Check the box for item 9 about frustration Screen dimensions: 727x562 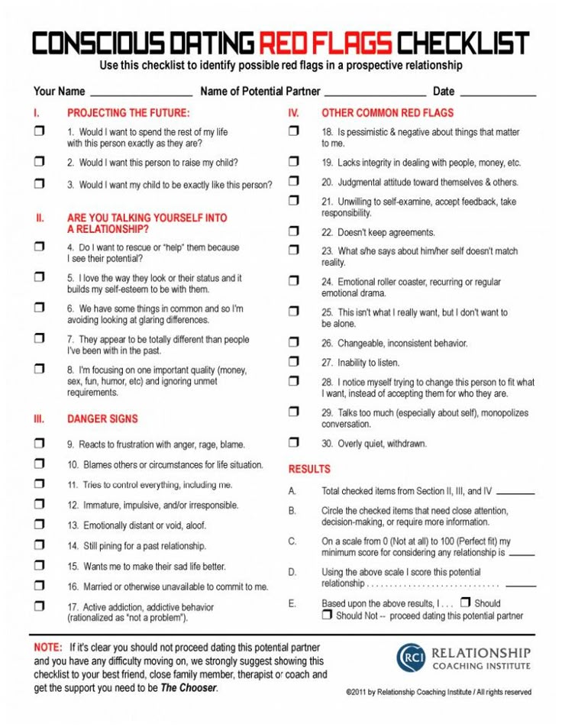(40, 443)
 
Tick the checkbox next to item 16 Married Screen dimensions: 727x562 (40, 586)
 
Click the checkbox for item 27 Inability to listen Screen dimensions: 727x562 (294, 361)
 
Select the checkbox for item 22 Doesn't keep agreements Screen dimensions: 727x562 (294, 231)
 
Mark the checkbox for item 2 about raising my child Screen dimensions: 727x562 (40, 162)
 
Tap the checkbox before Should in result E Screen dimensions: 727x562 (466, 602)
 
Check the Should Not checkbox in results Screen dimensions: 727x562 (327, 615)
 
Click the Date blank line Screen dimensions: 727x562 (498, 93)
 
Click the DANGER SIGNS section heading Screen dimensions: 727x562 (102, 418)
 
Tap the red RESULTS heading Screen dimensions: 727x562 (309, 469)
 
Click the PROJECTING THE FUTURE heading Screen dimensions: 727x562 (128, 112)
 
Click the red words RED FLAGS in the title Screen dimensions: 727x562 (326, 44)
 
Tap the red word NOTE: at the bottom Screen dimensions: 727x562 (47, 647)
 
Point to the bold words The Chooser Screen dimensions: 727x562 (189, 688)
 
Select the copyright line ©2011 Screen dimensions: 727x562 (438, 692)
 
